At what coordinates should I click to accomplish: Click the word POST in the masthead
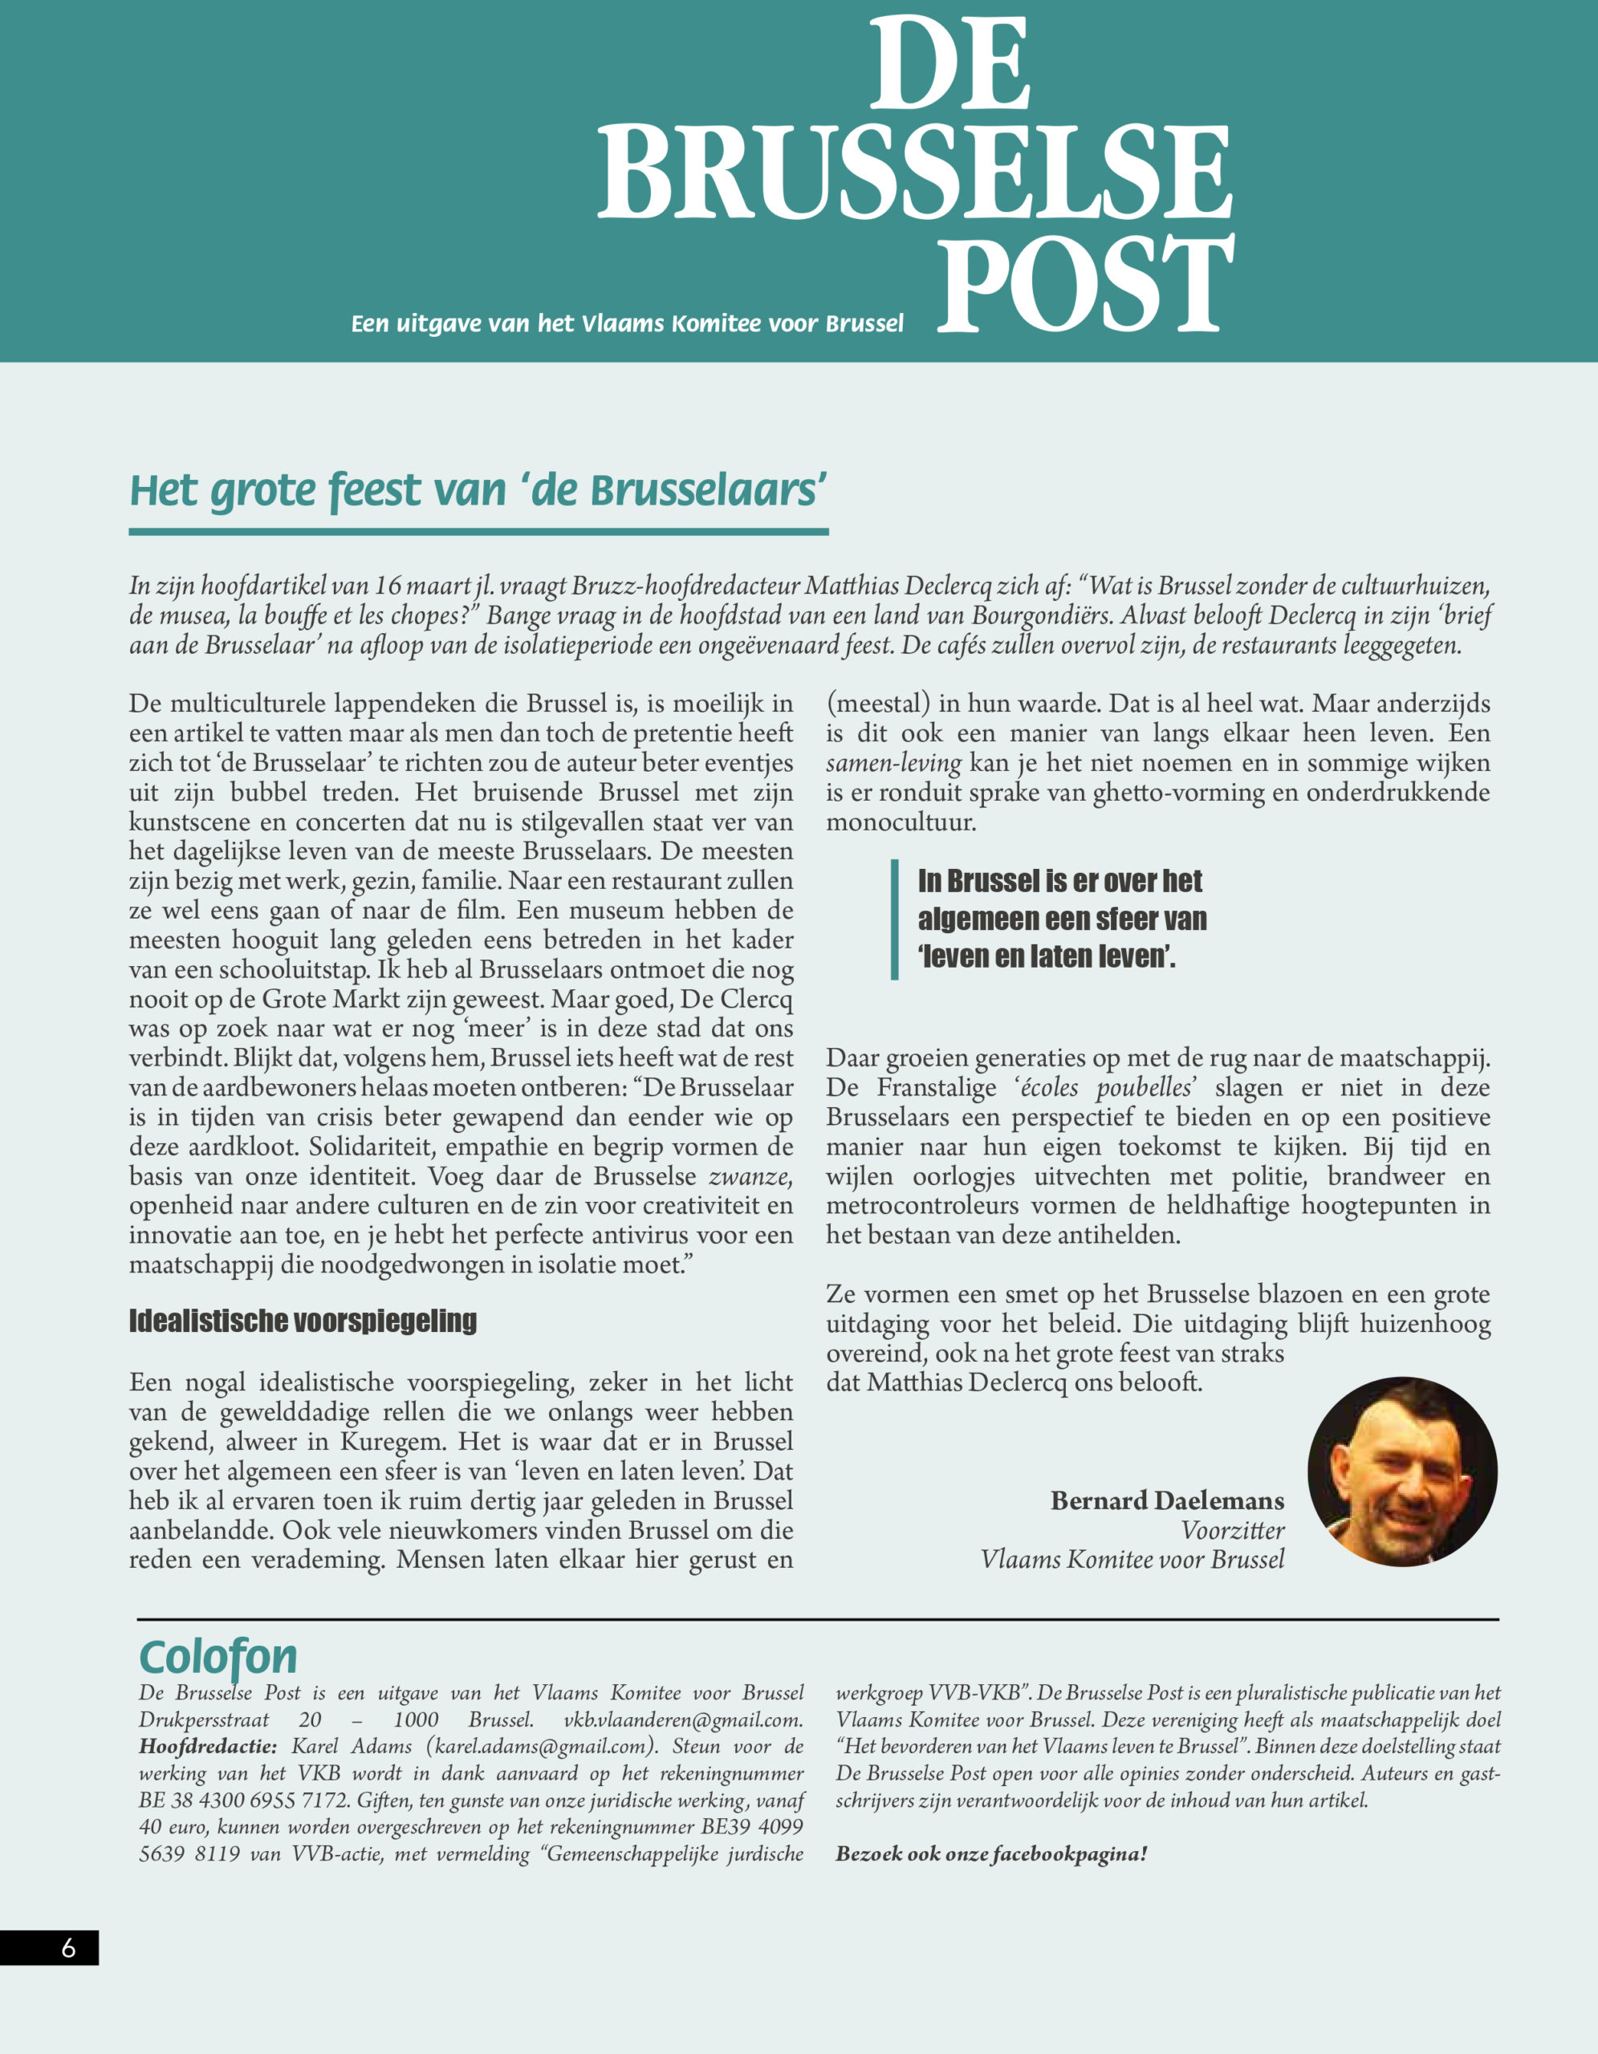coord(1084,284)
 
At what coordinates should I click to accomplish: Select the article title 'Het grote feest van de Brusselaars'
coord(478,491)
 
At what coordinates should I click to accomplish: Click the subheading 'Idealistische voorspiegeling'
coord(303,1321)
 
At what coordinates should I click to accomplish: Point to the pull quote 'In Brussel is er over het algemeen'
coord(1061,918)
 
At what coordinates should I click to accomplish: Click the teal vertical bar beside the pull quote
coord(894,919)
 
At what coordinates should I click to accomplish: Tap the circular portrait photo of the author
coord(1401,1471)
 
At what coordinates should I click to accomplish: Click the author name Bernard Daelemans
coord(1166,1500)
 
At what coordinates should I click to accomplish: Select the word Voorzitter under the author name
coord(1232,1530)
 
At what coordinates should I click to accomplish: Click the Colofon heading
coord(218,1657)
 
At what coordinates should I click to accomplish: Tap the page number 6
coord(67,1948)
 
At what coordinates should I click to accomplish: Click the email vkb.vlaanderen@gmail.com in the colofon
coord(683,1720)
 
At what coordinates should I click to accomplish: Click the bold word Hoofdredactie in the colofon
coord(208,1747)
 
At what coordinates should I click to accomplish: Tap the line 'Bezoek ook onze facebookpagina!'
coord(990,1853)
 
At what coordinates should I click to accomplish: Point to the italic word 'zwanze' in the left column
coord(749,1176)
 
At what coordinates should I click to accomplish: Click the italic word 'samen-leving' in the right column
coord(893,763)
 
